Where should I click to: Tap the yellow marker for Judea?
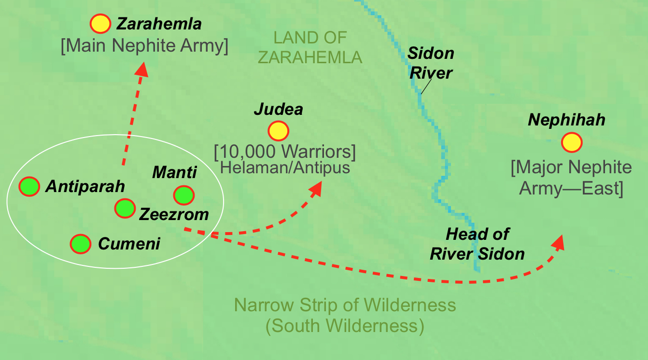coord(278,131)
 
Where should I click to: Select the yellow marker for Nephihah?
coord(572,142)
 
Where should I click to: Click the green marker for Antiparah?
coord(29,186)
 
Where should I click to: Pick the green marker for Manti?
coord(184,195)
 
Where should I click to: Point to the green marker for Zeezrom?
coord(125,208)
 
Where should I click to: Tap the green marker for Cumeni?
coord(81,244)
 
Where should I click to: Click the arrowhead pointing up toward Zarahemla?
coord(141,69)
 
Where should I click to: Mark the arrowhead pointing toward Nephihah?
coord(559,242)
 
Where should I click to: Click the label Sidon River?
coord(431,63)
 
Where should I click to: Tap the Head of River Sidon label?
coord(477,244)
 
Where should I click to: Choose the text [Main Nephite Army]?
coord(144,46)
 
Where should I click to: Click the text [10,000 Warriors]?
coord(284,152)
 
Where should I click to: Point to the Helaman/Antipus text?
coord(284,168)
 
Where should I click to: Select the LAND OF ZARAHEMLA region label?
coord(310,47)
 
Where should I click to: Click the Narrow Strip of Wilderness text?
coord(345,305)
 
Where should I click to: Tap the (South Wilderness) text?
coord(345,326)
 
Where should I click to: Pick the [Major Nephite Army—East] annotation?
coord(571,178)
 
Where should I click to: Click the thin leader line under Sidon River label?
coord(425,86)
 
